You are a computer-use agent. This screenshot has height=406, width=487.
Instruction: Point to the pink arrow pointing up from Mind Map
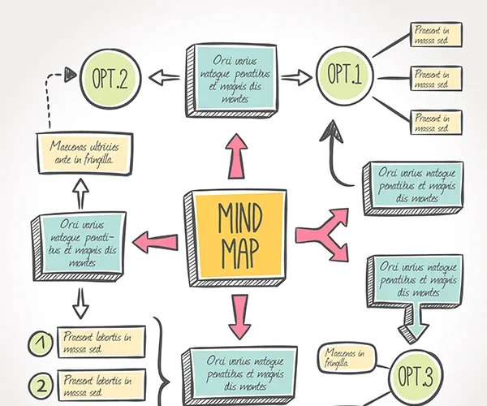[x=236, y=154]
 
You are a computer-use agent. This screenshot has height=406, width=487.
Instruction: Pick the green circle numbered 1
[x=39, y=343]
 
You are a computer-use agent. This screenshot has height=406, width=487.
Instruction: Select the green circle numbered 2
[x=39, y=382]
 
